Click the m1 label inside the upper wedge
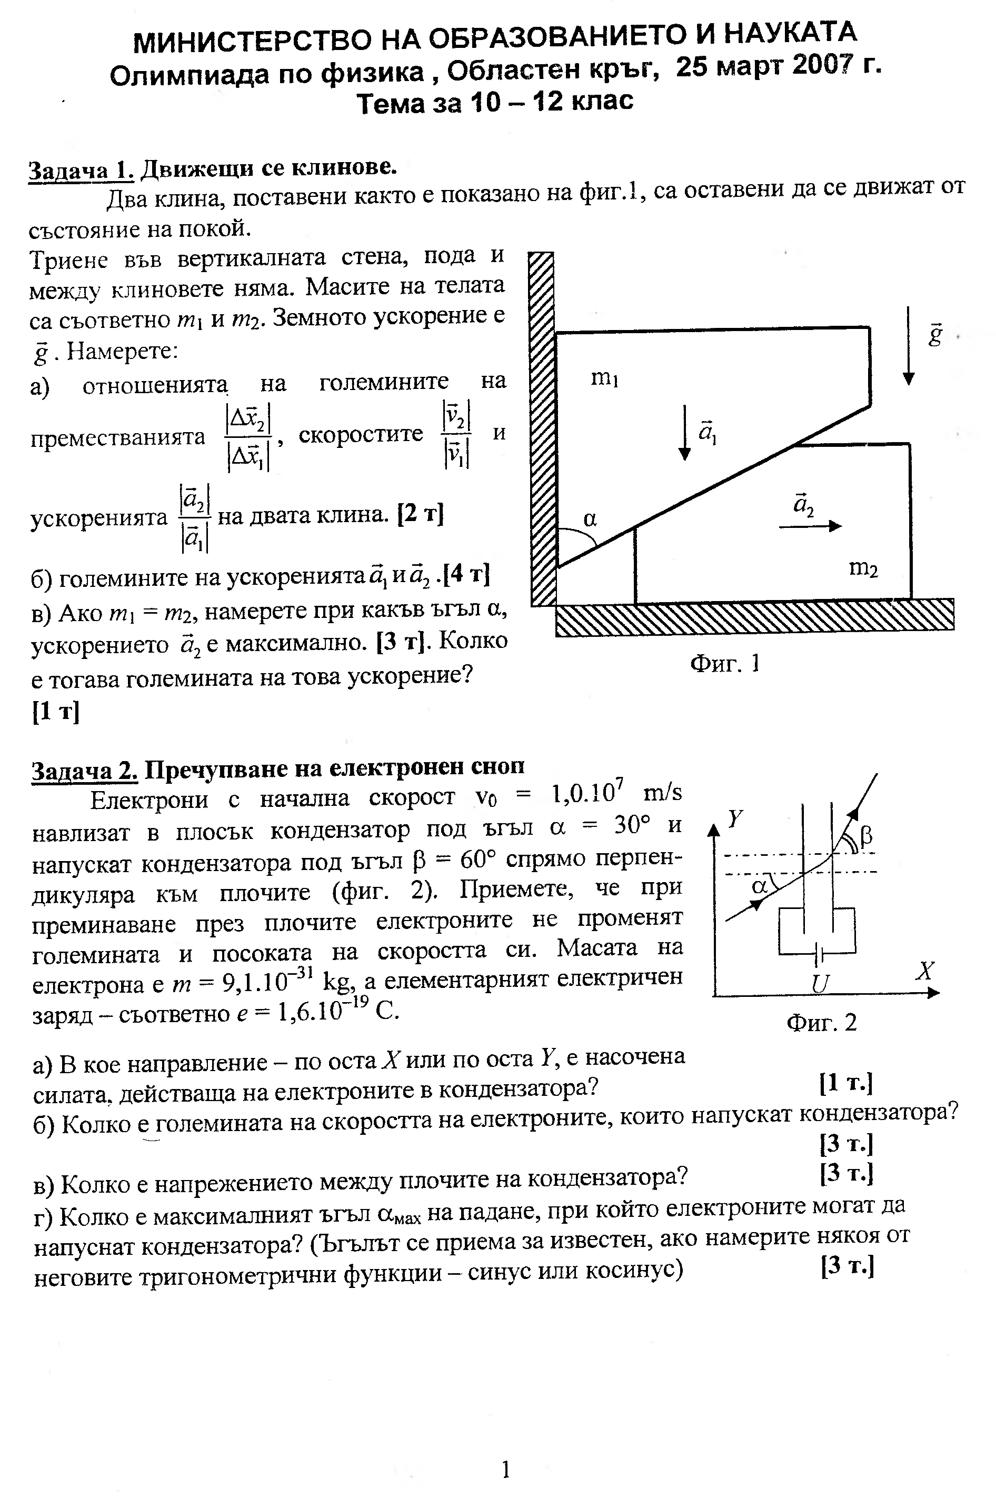coord(605,378)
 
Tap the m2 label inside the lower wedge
coord(863,567)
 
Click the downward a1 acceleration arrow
coord(684,432)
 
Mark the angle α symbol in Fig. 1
coord(590,519)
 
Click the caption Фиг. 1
coord(725,664)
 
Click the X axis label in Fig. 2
coord(925,971)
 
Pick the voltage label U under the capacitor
coord(820,984)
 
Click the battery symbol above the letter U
coord(819,953)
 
